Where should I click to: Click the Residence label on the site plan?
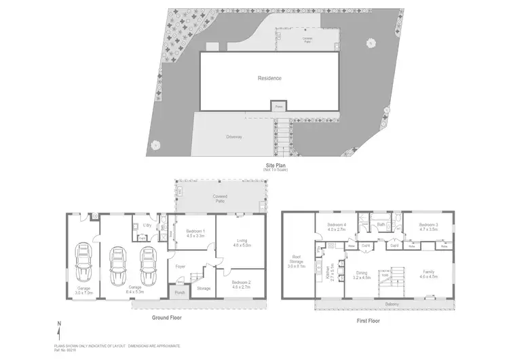pyautogui.click(x=269, y=78)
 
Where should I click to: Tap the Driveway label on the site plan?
pyautogui.click(x=235, y=137)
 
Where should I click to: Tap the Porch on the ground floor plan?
pyautogui.click(x=180, y=293)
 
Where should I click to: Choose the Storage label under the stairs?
pyautogui.click(x=204, y=288)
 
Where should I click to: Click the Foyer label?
pyautogui.click(x=181, y=266)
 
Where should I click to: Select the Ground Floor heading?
pyautogui.click(x=166, y=317)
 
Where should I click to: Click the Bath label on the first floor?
pyautogui.click(x=381, y=223)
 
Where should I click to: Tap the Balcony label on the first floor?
pyautogui.click(x=392, y=304)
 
